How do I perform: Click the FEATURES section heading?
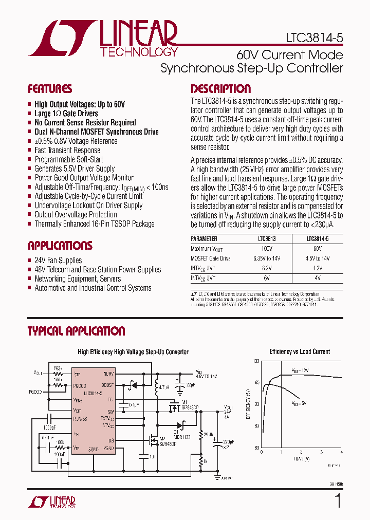pyautogui.click(x=50, y=88)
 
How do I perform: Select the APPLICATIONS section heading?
pyautogui.click(x=60, y=245)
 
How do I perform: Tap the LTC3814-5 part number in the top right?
pyautogui.click(x=314, y=39)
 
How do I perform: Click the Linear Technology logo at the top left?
pyautogui.click(x=103, y=39)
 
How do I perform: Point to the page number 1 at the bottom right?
pyautogui.click(x=338, y=501)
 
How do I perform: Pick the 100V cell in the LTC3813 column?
pyautogui.click(x=266, y=249)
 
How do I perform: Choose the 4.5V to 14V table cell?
pyautogui.click(x=318, y=258)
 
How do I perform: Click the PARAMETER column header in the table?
pyautogui.click(x=204, y=239)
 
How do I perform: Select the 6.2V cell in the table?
pyautogui.click(x=266, y=268)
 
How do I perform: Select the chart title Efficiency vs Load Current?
pyautogui.click(x=300, y=352)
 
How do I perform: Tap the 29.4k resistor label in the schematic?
pyautogui.click(x=209, y=434)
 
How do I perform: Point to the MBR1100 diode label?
pyautogui.click(x=182, y=437)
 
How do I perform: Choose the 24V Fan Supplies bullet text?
pyautogui.click(x=58, y=261)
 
